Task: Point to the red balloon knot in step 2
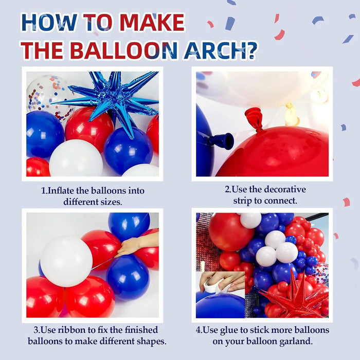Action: pyautogui.click(x=255, y=119)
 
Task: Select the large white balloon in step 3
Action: pyautogui.click(x=66, y=261)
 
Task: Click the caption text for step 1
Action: pyautogui.click(x=93, y=196)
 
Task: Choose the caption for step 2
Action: pyautogui.click(x=265, y=195)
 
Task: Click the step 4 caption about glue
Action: pyautogui.click(x=263, y=335)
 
